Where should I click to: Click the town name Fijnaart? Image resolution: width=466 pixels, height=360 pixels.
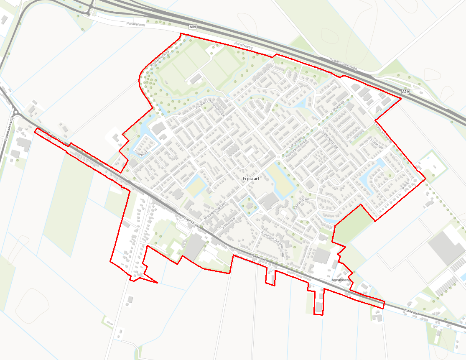pos(250,179)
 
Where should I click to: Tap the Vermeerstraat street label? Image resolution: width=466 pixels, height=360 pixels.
pos(331,139)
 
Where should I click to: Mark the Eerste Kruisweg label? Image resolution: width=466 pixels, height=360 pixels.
pos(383,133)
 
